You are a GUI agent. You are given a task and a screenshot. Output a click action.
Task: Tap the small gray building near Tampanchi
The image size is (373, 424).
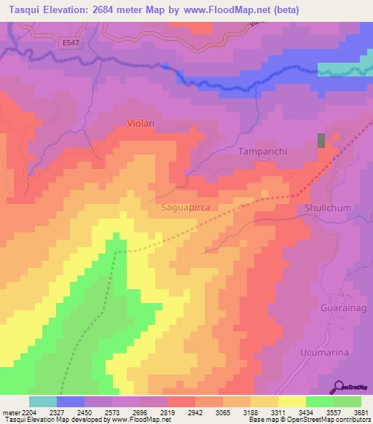(321, 141)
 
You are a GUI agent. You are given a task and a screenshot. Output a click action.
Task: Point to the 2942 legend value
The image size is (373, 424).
(195, 413)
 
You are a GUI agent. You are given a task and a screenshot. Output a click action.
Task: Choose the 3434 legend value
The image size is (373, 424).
(306, 413)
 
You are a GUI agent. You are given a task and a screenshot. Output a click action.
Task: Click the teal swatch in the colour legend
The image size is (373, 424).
(43, 401)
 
